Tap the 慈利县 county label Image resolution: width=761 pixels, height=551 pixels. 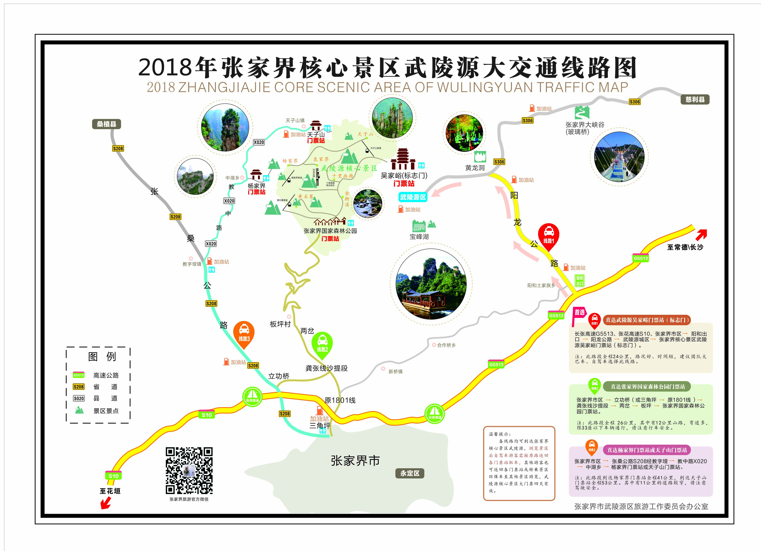695,99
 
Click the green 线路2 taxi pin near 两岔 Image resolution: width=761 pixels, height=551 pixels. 322,344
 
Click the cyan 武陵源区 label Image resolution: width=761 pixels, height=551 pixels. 413,197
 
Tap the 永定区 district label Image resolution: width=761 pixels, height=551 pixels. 410,473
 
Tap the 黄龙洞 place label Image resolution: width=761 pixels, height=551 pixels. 475,168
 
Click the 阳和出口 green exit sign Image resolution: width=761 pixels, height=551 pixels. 580,281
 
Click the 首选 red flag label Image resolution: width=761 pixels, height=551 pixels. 579,312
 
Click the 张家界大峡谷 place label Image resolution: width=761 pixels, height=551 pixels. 584,125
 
